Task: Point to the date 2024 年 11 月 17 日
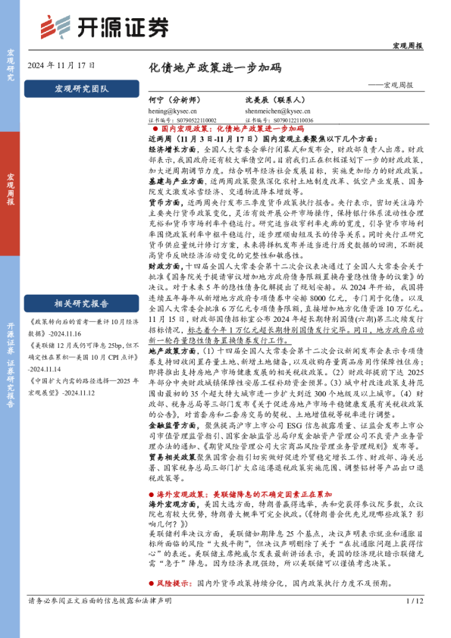pos(56,66)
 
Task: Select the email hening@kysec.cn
pos(171,110)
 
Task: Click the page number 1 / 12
pos(414,623)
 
